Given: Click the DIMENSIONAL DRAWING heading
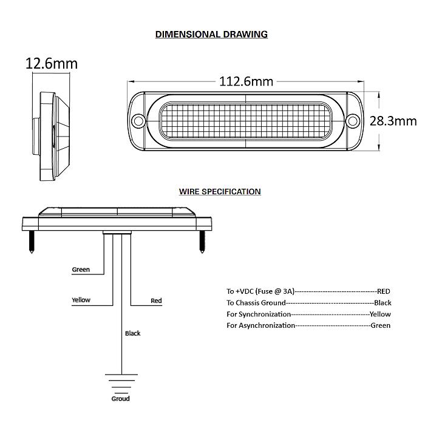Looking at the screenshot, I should (211, 34).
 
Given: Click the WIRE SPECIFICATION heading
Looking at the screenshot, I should (220, 191).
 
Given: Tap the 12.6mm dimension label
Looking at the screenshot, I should (51, 64).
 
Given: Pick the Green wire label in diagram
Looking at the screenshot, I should (81, 270).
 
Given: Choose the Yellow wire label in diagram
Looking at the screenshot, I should (81, 300).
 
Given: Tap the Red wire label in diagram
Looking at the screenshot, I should (156, 301).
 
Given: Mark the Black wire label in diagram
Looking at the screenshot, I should (132, 333).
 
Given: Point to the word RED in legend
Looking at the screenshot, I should (384, 291).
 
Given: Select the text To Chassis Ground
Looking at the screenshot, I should (256, 302).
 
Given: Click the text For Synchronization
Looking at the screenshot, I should (259, 314).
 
